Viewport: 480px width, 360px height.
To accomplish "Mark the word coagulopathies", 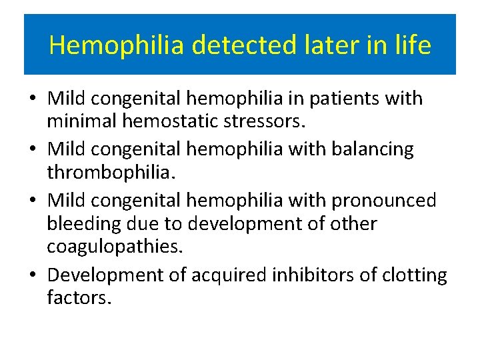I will tap(114, 246).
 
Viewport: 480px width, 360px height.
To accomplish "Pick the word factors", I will tap(76, 297).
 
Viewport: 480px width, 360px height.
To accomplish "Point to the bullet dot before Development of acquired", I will tap(33, 275).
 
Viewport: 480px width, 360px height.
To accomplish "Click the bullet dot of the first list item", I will tap(33, 99).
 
